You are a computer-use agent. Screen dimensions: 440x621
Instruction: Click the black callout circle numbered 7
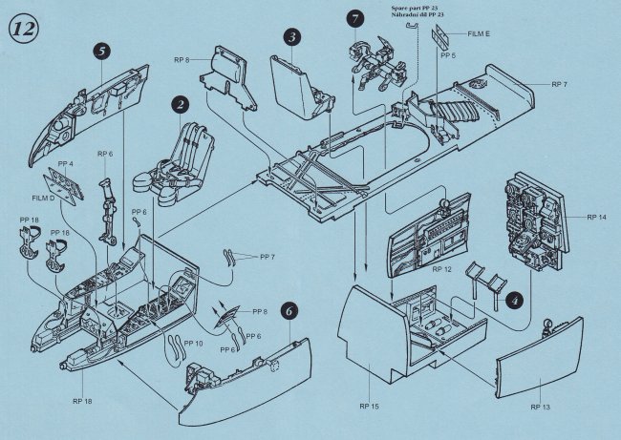[x=355, y=19]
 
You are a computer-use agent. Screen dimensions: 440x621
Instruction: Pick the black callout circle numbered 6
[x=290, y=310]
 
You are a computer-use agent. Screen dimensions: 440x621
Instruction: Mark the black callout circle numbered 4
[x=514, y=299]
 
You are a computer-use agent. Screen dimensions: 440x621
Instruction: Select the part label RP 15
[x=370, y=407]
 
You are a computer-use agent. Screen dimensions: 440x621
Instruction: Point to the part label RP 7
[x=560, y=84]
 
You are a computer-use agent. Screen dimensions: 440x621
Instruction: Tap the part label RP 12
[x=440, y=270]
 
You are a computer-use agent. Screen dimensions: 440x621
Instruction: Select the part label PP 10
[x=193, y=343]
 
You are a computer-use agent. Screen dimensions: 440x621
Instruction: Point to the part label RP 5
[x=182, y=59]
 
